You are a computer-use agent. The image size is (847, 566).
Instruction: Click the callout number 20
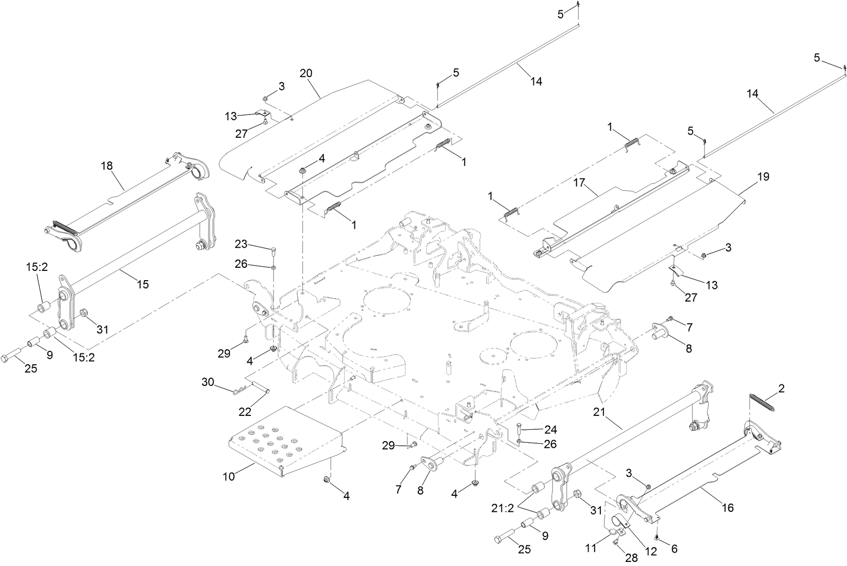click(306, 73)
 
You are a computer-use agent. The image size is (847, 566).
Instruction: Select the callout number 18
click(107, 166)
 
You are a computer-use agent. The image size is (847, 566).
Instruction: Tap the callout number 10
click(229, 476)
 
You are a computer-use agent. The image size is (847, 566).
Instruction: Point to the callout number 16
click(727, 508)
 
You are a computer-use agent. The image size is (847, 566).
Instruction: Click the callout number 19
click(763, 176)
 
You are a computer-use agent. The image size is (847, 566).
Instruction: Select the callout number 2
click(781, 389)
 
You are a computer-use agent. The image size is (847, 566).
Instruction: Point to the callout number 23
click(241, 244)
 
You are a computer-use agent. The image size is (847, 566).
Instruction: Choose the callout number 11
click(591, 548)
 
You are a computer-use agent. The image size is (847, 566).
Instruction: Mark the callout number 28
click(631, 557)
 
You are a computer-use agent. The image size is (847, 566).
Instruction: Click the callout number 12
click(651, 551)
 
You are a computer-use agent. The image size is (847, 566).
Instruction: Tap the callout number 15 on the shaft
click(142, 284)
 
